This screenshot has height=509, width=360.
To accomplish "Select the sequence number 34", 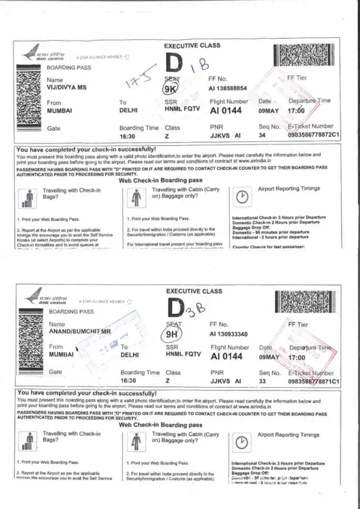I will tap(262, 135).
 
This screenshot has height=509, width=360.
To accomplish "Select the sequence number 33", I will tap(262, 381).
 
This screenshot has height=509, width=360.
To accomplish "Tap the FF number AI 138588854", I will tap(228, 88).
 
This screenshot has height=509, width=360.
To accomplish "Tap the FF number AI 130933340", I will tap(228, 334).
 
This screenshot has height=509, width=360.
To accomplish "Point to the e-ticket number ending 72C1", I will tap(314, 135).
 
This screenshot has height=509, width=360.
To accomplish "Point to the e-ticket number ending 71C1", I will tap(314, 381).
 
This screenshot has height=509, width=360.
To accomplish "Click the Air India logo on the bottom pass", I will tap(45, 299).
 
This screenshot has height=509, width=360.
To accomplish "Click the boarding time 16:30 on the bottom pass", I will tap(128, 381).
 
